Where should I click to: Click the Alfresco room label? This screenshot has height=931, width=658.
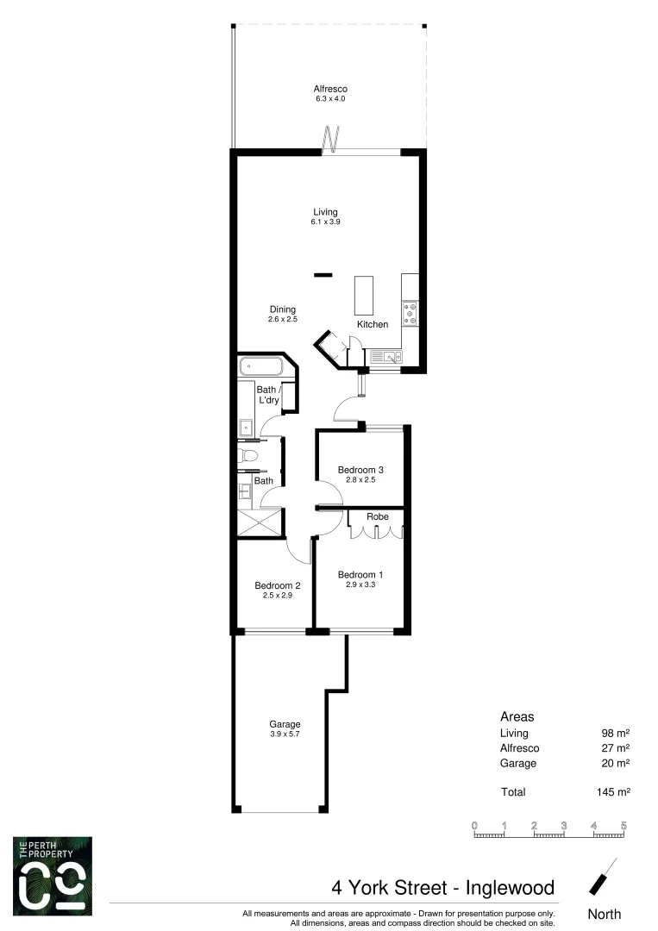pos(331,89)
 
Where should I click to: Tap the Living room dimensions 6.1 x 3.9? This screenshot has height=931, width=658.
pos(325,222)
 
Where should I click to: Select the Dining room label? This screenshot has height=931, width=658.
pos(282,309)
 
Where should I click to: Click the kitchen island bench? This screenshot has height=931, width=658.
pos(365,296)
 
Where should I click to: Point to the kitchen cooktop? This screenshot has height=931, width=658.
pos(410,313)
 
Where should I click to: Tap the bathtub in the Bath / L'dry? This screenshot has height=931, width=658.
pos(261,367)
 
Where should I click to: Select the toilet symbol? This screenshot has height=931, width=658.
pos(247,456)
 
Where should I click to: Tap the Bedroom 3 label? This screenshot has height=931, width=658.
pos(360,470)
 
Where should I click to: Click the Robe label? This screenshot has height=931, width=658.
pos(378,517)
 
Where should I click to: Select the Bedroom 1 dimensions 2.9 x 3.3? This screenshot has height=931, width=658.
pos(360,584)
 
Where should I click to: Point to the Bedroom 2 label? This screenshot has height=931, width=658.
pos(277,585)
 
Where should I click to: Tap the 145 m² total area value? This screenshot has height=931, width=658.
pos(615,791)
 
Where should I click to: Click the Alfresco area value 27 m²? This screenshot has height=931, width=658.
pos(616,748)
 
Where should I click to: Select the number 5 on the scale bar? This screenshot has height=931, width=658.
pos(623,826)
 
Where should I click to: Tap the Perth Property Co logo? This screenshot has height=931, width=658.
pos(53,876)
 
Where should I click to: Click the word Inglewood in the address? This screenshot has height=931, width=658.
pos(509,887)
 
